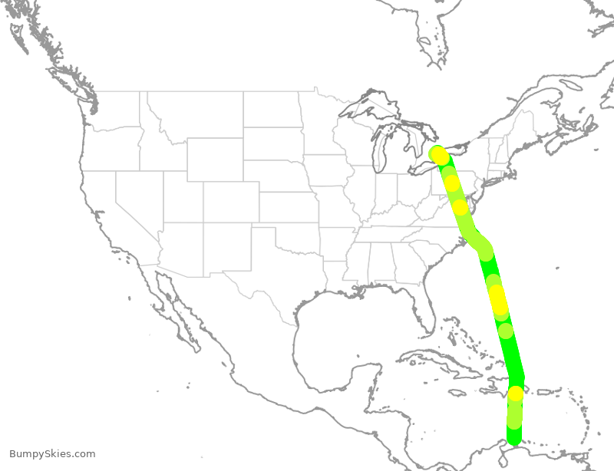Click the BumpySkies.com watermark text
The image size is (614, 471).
click(x=52, y=454)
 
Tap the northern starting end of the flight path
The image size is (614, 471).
click(x=436, y=153)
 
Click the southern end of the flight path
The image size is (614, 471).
click(x=513, y=437)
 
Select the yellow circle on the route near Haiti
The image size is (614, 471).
click(x=515, y=394)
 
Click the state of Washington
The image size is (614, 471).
click(x=115, y=107)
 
